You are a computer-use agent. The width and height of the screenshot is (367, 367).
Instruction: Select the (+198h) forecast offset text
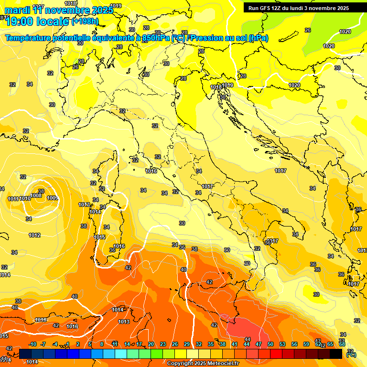(85, 22)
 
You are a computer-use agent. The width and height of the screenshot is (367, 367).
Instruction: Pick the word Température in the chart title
(28, 38)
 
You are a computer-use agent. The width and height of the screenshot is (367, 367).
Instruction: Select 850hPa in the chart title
(156, 38)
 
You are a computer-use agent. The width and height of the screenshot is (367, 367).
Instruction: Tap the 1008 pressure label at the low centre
(36, 195)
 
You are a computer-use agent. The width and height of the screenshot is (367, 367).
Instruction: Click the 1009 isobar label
(53, 198)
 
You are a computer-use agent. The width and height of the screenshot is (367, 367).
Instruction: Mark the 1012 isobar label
(34, 235)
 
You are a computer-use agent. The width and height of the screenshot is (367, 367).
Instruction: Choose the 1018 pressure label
(216, 87)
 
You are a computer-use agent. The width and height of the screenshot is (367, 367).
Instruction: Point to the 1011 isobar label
(13, 199)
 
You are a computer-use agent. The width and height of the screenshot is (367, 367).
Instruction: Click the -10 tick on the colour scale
(32, 344)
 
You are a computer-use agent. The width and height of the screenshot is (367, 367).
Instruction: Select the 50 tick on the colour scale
(270, 344)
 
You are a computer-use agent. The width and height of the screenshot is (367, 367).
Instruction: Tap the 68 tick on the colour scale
(342, 344)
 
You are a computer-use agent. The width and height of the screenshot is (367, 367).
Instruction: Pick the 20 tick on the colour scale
(151, 344)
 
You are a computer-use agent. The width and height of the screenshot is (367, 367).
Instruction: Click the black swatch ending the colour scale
(336, 354)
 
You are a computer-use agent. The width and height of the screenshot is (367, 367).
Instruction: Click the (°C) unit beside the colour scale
(351, 354)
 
